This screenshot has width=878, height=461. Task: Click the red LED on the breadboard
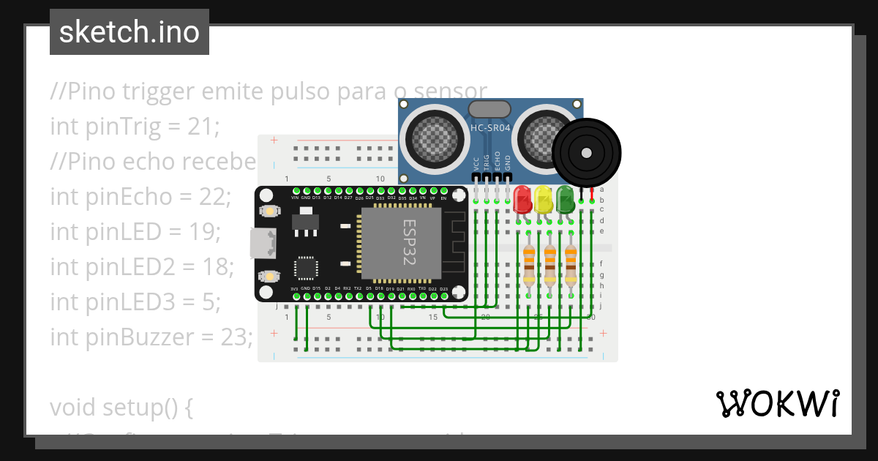coord(522,199)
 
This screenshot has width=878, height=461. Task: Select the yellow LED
coord(543,199)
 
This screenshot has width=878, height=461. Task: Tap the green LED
coord(565,199)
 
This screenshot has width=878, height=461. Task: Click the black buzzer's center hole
coord(586,152)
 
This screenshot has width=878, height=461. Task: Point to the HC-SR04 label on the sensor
coord(490,128)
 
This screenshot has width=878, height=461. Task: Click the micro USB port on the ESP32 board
coord(260,243)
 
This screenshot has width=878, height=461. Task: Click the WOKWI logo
coord(778,403)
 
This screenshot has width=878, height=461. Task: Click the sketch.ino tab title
coord(130,32)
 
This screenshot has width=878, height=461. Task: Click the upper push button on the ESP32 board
coord(269,211)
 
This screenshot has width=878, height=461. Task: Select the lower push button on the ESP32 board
coord(269,276)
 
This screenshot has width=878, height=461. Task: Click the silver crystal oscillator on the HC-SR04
coord(489,109)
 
